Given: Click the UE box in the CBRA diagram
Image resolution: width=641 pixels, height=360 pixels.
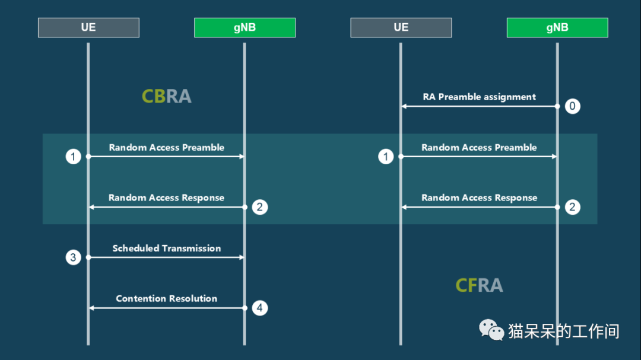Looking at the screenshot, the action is coord(88,27).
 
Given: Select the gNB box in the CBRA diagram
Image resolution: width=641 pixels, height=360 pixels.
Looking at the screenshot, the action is coord(245,27).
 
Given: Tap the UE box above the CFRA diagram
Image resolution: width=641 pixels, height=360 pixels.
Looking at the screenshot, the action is coord(401,27).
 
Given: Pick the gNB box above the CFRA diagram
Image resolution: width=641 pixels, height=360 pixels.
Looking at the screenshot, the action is coord(557,27).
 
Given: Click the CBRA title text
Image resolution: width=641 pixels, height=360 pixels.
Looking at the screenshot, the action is coord(166,97).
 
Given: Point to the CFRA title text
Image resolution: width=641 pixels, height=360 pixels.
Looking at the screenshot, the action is coord(479,285).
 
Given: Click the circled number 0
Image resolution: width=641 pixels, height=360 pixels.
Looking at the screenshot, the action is coord(572,106).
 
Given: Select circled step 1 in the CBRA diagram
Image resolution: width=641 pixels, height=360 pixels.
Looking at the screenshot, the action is coord(73,157).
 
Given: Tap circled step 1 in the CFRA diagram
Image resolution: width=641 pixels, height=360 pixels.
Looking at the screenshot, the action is coord(386,157).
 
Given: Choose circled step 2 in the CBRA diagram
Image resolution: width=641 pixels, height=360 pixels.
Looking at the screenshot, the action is coord(259,207).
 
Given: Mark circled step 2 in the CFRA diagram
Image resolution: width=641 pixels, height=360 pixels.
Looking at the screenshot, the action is coord(572,207).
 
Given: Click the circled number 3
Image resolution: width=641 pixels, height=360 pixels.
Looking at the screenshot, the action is coord(73,257).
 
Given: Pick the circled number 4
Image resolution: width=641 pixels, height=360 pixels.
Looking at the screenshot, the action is coord(259,308).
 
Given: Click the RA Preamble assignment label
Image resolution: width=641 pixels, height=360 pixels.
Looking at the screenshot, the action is coord(479,97).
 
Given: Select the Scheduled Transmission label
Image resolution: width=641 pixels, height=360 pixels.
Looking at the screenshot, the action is coord(166,248).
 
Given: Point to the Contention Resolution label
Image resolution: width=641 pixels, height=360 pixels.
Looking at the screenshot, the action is coord(166,298).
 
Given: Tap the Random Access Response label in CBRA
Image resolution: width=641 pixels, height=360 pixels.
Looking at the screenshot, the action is coord(166,197).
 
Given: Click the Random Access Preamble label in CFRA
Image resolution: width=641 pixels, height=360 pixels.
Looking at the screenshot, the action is coord(479,148).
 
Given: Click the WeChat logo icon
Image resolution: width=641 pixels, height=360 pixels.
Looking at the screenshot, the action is coord(491,330).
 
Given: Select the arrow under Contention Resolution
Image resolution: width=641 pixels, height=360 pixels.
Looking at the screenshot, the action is coord(167,308).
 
